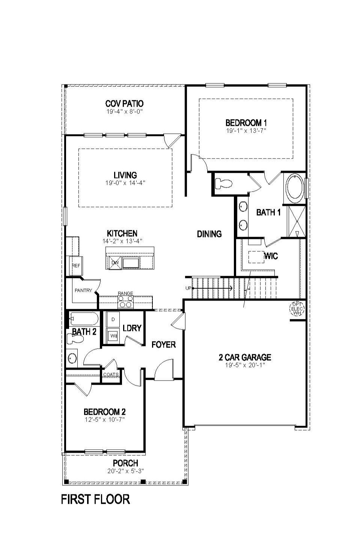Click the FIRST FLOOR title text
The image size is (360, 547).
coord(95,499)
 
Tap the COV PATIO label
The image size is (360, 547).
coord(124,103)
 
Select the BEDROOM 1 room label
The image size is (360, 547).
coord(246,122)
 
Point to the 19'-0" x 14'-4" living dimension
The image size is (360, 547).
coord(125,183)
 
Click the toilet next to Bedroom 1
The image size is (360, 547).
coord(224,183)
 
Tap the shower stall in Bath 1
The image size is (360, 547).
coord(296,221)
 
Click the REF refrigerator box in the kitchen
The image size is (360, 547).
coord(75,266)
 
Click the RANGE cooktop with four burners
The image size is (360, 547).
coord(125,301)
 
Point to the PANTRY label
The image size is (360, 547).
coord(83,290)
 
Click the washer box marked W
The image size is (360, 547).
coord(112,335)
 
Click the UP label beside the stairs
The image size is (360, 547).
coord(188,288)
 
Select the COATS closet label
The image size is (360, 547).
coord(111,375)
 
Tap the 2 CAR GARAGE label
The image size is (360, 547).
coord(245,357)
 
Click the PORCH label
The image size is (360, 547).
coord(125,463)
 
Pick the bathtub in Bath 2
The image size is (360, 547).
coord(84,319)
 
